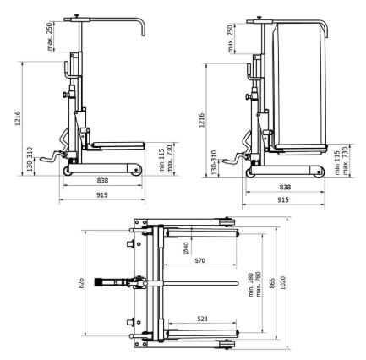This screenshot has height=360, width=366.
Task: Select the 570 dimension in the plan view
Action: point(199,261)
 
